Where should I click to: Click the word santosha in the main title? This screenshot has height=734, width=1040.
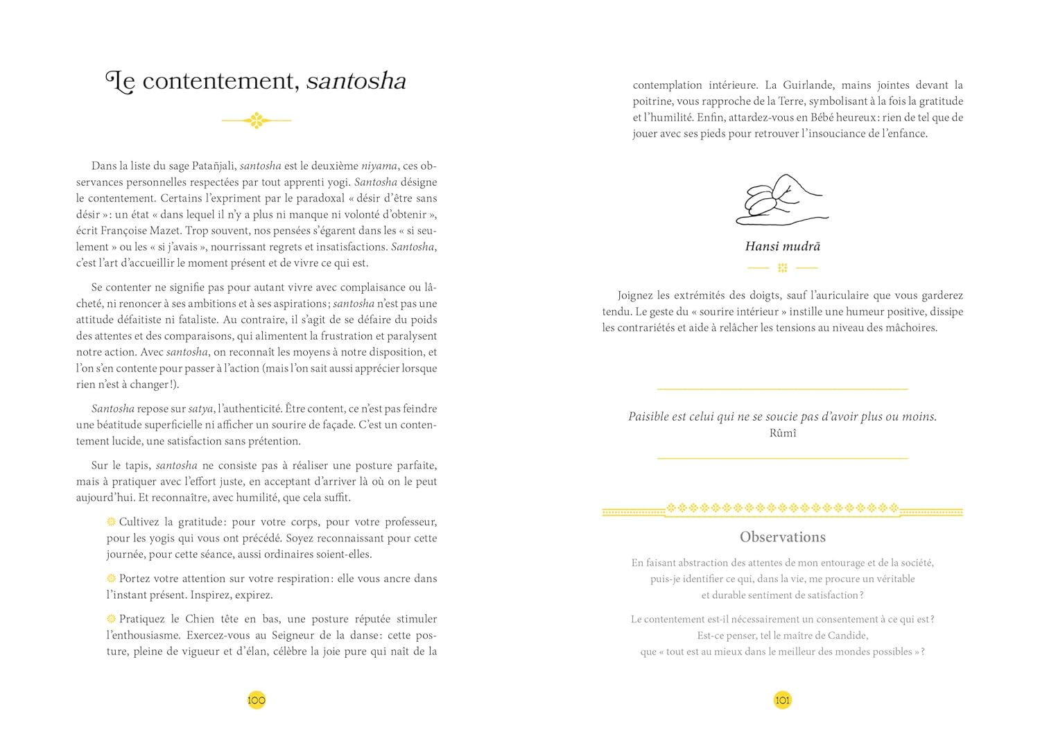[x=356, y=82]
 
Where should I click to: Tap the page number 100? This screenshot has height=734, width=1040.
[x=257, y=700]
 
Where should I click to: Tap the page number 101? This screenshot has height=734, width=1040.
[x=782, y=700]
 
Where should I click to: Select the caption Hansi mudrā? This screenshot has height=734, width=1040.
[x=783, y=246]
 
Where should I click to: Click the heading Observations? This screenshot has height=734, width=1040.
[x=783, y=537]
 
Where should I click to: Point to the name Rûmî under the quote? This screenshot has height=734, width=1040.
[x=783, y=433]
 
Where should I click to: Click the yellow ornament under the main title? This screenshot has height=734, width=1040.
[x=257, y=121]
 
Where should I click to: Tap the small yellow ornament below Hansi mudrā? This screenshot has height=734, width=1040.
[x=783, y=268]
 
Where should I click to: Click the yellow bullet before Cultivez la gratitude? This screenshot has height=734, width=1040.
[x=112, y=521]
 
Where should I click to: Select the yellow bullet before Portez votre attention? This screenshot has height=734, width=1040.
[x=112, y=578]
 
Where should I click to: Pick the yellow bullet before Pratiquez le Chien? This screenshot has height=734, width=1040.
[x=112, y=618]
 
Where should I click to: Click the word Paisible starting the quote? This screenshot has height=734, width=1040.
[x=648, y=417]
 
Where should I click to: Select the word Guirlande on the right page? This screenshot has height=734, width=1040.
[x=808, y=85]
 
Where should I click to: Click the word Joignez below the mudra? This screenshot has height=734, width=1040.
[x=637, y=295]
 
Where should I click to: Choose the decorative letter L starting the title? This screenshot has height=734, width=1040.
[x=119, y=82]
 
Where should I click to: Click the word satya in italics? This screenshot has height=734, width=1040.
[x=201, y=409]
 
